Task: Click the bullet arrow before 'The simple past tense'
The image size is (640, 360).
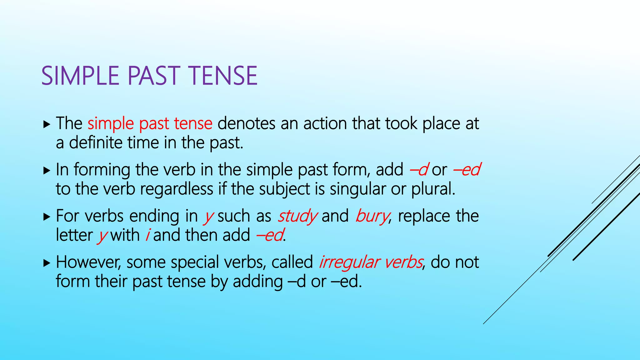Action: (47, 125)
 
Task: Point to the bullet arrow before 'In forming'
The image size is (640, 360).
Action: (47, 171)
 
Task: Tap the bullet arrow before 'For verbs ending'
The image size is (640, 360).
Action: (47, 217)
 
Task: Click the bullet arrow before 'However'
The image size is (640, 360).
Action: (47, 263)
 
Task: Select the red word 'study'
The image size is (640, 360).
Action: (297, 216)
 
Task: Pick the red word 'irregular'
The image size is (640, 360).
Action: (349, 262)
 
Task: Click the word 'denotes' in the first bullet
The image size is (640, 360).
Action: (246, 124)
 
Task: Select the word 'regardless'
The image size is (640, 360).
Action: (177, 189)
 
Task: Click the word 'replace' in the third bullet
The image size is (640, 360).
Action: (424, 216)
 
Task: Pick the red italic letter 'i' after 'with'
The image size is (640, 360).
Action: (147, 235)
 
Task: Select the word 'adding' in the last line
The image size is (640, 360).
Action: (257, 282)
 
